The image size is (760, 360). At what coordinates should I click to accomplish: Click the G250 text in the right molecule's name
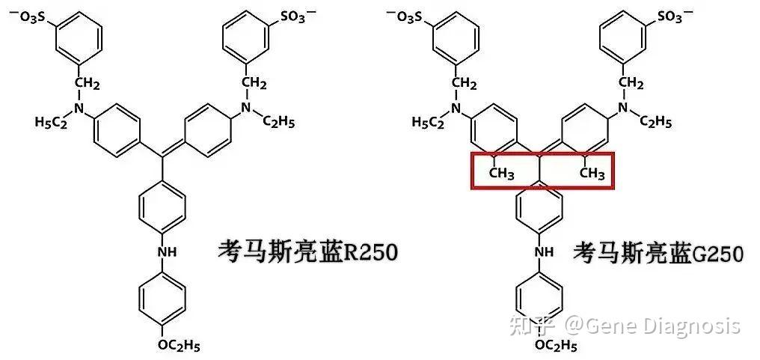[718, 253]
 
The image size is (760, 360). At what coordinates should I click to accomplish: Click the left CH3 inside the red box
[501, 174]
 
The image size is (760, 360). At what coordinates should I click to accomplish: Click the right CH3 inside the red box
[592, 174]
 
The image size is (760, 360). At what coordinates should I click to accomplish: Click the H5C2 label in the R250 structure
[51, 122]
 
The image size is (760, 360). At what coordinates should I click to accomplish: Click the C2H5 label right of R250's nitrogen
[279, 122]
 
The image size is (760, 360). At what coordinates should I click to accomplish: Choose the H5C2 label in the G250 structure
[429, 122]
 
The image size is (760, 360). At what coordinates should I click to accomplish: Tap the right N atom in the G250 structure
[622, 109]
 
